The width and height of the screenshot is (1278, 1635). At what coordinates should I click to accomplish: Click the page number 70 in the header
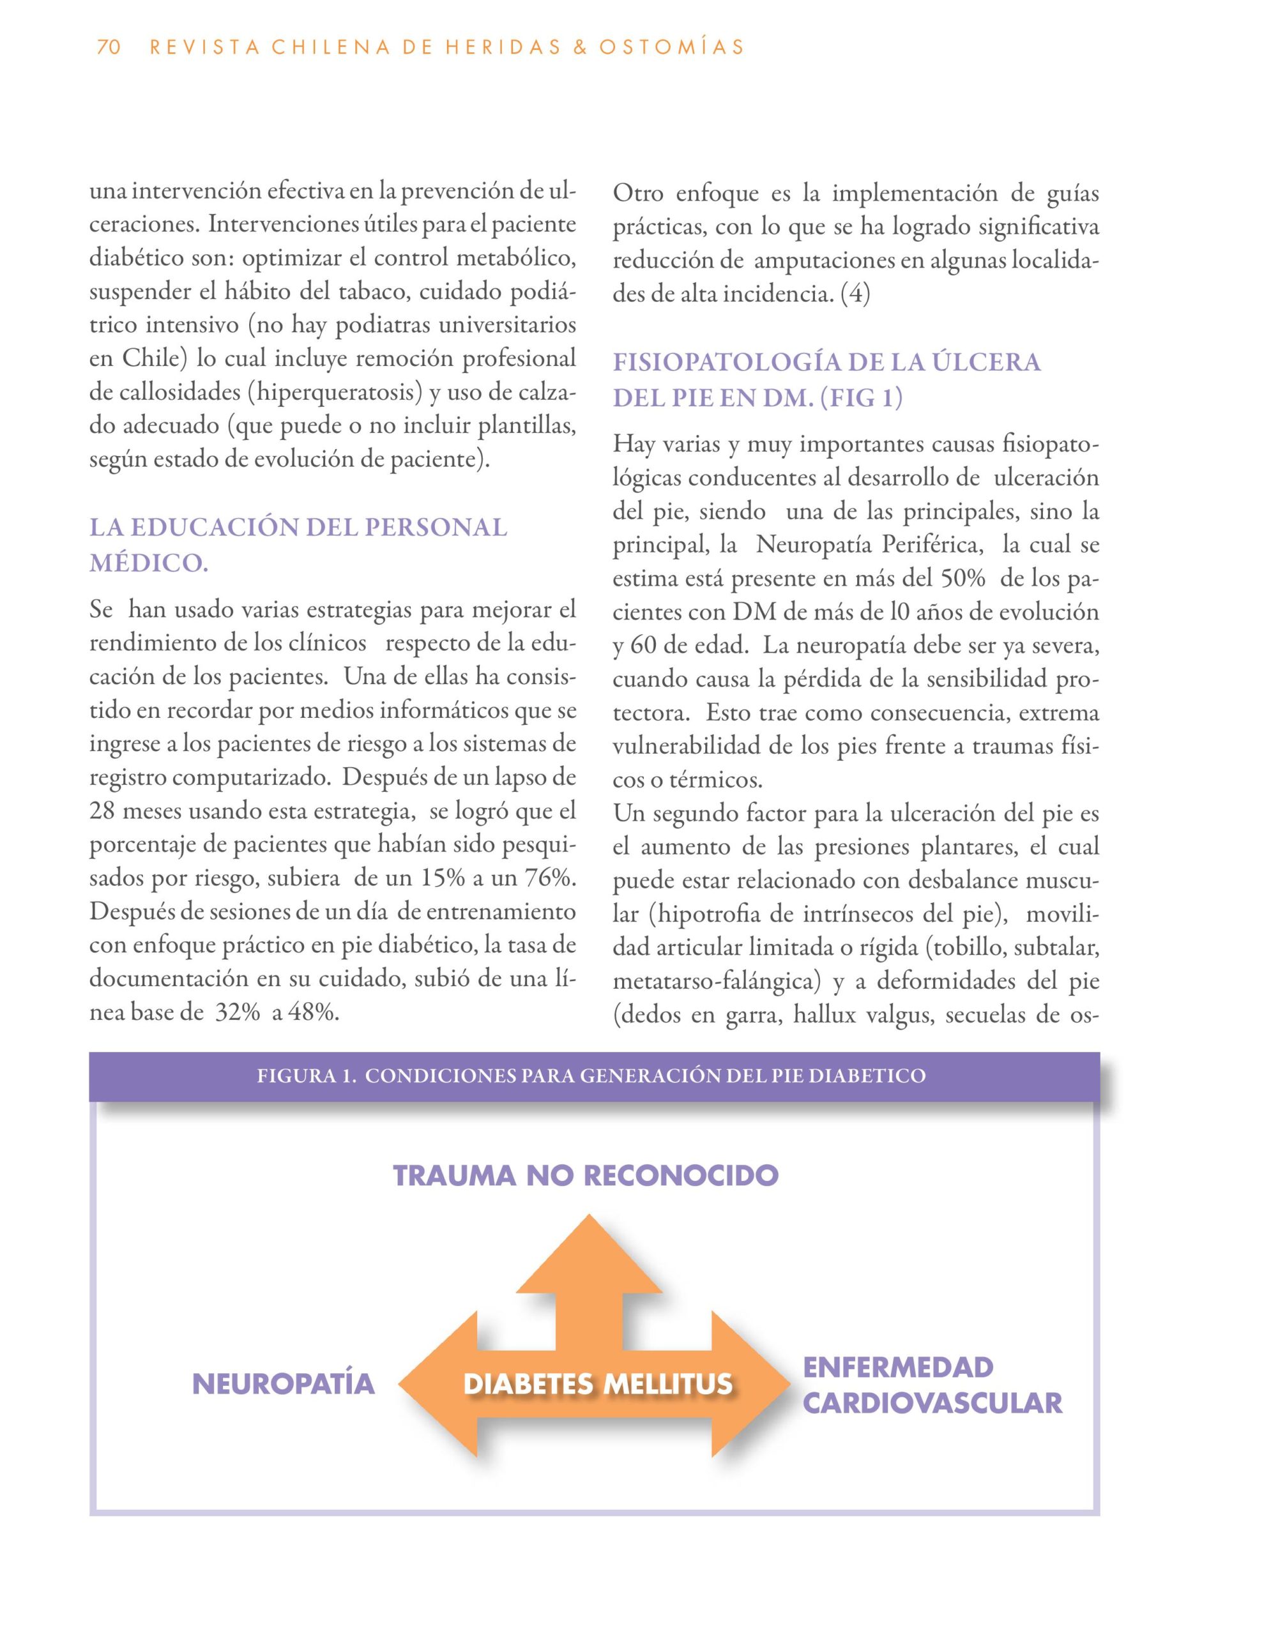(x=109, y=47)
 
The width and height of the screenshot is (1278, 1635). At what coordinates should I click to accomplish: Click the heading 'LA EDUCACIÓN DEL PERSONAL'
(x=298, y=527)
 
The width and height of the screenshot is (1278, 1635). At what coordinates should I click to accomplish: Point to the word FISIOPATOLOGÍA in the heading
(x=723, y=362)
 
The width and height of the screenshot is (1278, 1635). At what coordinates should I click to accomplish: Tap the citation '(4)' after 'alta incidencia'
(x=856, y=294)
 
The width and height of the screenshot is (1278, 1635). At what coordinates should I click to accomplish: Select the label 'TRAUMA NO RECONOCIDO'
(x=586, y=1175)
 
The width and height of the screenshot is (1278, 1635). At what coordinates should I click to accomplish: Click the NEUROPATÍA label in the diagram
(x=284, y=1383)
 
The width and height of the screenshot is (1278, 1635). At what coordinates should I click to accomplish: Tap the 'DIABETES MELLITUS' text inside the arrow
(x=597, y=1383)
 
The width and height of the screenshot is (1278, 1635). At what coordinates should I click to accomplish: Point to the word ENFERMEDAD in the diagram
(x=898, y=1367)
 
